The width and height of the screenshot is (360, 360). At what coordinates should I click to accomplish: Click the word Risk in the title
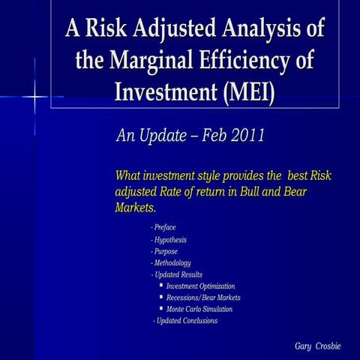pyautogui.click(x=112, y=29)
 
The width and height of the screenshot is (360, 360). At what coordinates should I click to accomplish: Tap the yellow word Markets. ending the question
pyautogui.click(x=135, y=207)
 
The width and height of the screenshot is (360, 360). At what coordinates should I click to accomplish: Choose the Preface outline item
pyautogui.click(x=163, y=226)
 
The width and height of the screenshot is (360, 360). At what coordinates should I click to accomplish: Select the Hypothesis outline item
pyautogui.click(x=169, y=240)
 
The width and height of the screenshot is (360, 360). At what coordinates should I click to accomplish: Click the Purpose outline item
pyautogui.click(x=164, y=251)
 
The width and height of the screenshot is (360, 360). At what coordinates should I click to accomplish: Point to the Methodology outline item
pyautogui.click(x=171, y=263)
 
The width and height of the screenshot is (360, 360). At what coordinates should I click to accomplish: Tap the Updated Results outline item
pyautogui.click(x=177, y=274)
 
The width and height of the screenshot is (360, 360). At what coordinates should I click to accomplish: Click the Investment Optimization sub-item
pyautogui.click(x=200, y=286)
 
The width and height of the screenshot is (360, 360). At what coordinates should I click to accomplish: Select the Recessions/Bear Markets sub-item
pyautogui.click(x=203, y=298)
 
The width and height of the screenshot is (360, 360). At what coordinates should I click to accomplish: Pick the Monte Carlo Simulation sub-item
pyautogui.click(x=199, y=309)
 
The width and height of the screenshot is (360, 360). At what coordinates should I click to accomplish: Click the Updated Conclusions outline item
pyautogui.click(x=185, y=321)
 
